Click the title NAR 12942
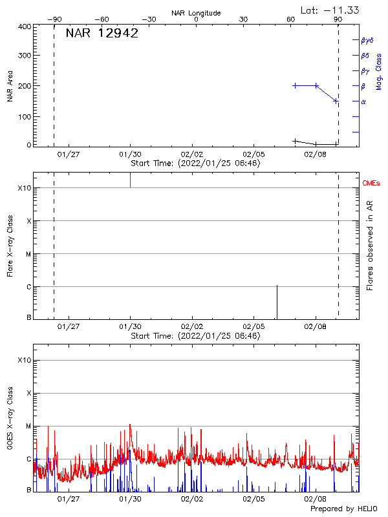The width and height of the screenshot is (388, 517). click(102, 34)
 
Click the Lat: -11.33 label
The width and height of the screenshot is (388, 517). click(330, 10)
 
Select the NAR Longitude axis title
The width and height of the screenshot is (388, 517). click(196, 13)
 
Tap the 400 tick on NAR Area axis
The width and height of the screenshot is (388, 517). click(25, 26)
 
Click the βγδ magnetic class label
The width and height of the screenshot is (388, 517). click(367, 40)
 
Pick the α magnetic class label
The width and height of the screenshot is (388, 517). click(363, 101)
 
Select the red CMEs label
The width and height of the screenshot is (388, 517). click(372, 184)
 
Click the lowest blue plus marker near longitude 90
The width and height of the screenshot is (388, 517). click(336, 101)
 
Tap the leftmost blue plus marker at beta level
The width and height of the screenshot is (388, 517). click(295, 85)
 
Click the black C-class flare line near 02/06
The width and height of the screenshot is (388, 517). click(277, 302)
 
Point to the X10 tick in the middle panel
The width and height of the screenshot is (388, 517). click(24, 188)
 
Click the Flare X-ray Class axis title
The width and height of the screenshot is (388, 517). click(10, 244)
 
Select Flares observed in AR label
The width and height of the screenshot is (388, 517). click(370, 244)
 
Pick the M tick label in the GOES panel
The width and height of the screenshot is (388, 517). click(28, 426)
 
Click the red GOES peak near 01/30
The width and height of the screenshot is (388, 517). click(130, 425)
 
